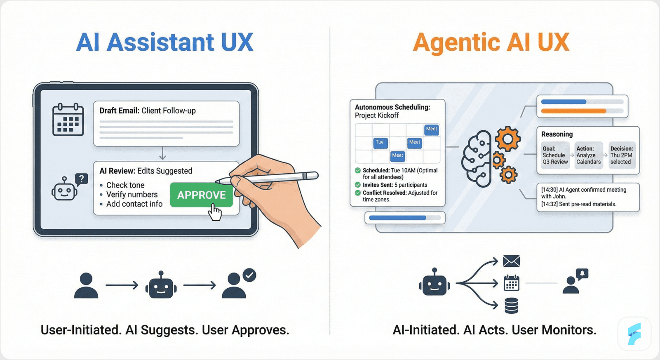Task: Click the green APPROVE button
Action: pyautogui.click(x=201, y=195)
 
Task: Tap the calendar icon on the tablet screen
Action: pyautogui.click(x=68, y=120)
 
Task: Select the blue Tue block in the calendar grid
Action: pyautogui.click(x=380, y=143)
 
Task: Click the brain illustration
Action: pyautogui.click(x=477, y=159)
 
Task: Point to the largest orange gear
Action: pyautogui.click(x=507, y=139)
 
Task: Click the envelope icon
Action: pyautogui.click(x=511, y=261)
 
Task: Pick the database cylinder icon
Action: pyautogui.click(x=511, y=306)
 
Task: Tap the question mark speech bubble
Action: pyautogui.click(x=82, y=179)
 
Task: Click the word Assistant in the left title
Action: pyautogui.click(x=160, y=42)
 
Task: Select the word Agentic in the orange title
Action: pyautogui.click(x=456, y=43)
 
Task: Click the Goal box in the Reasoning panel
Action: pyautogui.click(x=555, y=155)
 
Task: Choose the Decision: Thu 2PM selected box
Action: pyautogui.click(x=621, y=155)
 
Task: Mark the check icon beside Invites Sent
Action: pyautogui.click(x=358, y=185)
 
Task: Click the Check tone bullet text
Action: pyautogui.click(x=125, y=185)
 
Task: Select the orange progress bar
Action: pyautogui.click(x=573, y=111)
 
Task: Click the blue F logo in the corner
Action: pyautogui.click(x=634, y=334)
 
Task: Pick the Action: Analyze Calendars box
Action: pyautogui.click(x=588, y=155)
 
